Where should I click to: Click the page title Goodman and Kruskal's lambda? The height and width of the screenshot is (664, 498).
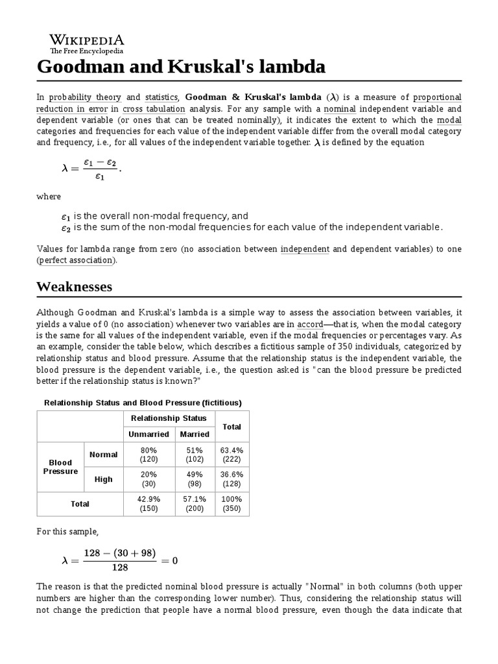181,67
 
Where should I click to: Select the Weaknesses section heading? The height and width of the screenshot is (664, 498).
74,286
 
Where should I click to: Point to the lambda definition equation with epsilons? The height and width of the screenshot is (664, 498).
91,168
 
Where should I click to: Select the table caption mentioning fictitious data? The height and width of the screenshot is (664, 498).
142,403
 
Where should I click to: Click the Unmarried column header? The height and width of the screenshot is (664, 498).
148,434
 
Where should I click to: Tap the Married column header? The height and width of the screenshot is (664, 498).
195,434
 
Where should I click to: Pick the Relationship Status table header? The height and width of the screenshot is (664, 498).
169,418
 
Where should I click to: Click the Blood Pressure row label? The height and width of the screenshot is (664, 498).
60,467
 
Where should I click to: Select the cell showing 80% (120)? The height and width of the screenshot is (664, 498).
148,455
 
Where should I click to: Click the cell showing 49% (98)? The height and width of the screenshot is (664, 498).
195,479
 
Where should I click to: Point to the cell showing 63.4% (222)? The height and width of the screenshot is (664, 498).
231,455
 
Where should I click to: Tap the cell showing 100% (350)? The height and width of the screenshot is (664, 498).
231,504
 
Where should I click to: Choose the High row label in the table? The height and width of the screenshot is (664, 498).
103,479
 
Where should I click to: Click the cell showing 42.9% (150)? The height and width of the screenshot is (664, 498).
148,504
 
